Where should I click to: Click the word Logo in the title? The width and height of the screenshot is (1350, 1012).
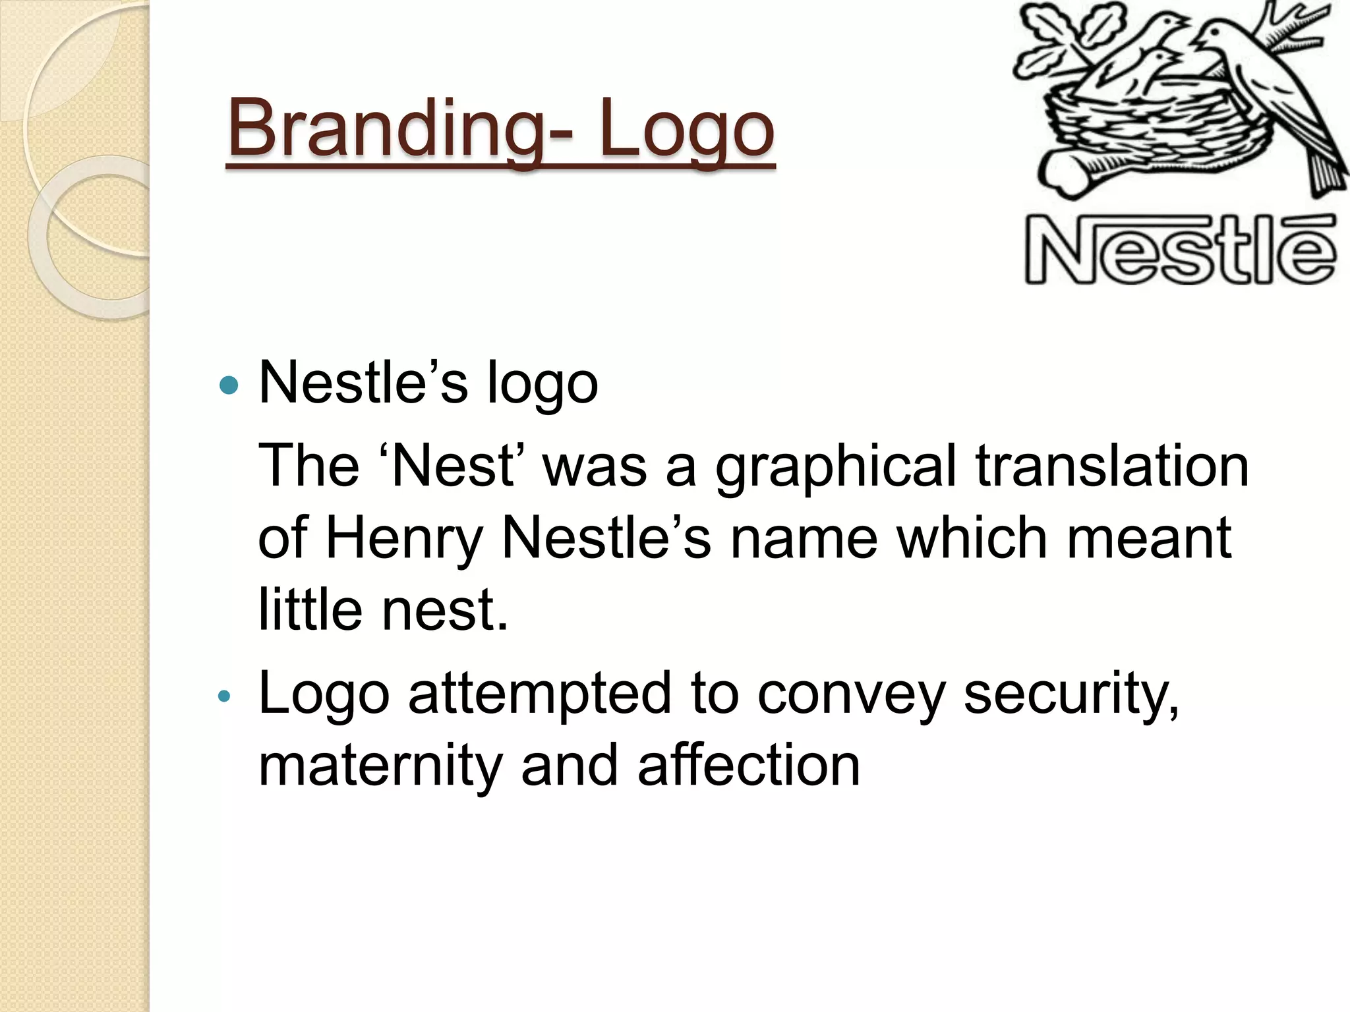coord(686,128)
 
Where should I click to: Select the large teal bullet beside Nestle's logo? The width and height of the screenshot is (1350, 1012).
coord(228,385)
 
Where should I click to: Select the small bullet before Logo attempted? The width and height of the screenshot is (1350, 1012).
coord(224,696)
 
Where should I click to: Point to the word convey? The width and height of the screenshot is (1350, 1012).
coord(851,696)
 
